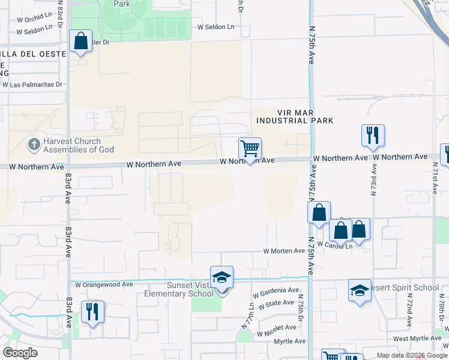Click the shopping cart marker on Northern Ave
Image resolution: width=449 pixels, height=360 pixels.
click(250, 148)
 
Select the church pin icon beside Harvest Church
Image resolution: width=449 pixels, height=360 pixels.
click(34, 144)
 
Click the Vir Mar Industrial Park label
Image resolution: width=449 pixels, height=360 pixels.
click(295, 116)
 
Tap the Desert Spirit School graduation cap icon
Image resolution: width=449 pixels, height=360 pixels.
click(360, 290)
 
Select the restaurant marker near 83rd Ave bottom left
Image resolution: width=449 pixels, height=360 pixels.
click(92, 312)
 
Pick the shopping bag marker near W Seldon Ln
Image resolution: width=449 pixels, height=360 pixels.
click(80, 41)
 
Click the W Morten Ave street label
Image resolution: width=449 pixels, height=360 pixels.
click(285, 251)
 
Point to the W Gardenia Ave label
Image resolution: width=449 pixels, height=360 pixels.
click(276, 292)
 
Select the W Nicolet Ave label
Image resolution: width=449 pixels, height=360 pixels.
click(276, 328)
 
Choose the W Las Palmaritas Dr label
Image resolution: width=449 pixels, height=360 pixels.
click(32, 85)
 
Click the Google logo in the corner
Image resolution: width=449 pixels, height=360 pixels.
click(20, 352)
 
